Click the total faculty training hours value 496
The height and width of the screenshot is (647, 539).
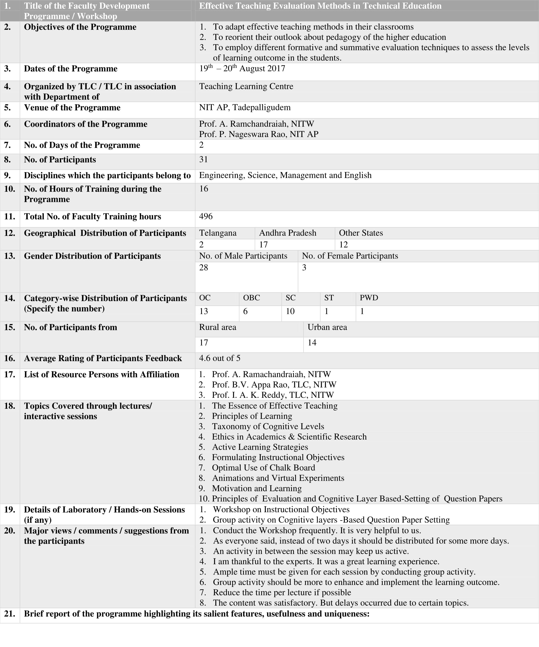(x=206, y=216)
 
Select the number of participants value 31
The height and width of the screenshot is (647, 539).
(x=203, y=159)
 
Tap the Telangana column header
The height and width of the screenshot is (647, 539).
(x=218, y=233)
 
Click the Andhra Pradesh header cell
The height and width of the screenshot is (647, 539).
(x=287, y=233)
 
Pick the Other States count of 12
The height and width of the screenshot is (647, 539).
(x=343, y=245)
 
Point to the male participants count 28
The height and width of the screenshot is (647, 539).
(x=203, y=267)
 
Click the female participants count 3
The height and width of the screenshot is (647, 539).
(x=304, y=267)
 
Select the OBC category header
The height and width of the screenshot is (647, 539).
(x=251, y=298)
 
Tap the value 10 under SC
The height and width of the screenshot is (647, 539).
(x=290, y=311)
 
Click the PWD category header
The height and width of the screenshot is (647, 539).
(x=369, y=298)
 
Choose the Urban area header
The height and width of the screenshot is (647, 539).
(x=327, y=327)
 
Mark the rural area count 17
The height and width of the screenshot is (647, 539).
(x=203, y=343)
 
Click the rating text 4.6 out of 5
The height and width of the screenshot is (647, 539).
(x=220, y=358)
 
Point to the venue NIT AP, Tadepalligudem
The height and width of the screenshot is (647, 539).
(x=244, y=107)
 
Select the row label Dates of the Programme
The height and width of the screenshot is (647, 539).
(x=71, y=68)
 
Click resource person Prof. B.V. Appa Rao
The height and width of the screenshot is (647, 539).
(x=274, y=384)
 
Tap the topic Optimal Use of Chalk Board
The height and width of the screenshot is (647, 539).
(x=263, y=468)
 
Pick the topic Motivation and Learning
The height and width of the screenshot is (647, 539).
(x=257, y=488)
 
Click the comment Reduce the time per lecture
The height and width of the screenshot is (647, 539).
(x=282, y=593)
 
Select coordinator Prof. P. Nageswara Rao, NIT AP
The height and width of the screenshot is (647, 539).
(x=258, y=134)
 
